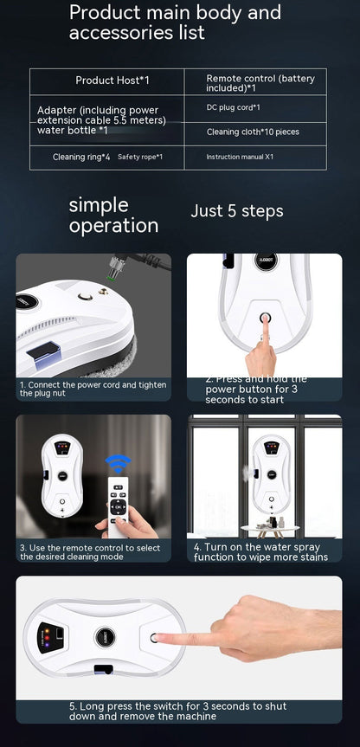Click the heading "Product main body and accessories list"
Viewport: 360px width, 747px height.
(175, 23)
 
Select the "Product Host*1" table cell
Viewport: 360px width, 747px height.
(112, 80)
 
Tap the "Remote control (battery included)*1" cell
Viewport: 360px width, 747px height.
(260, 82)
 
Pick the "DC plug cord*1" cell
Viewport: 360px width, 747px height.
(234, 107)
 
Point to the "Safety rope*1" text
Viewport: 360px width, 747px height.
(140, 157)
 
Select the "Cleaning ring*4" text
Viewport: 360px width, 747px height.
(81, 157)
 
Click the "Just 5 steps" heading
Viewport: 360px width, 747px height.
(236, 211)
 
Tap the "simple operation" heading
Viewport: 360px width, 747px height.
(112, 216)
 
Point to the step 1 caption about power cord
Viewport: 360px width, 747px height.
(93, 389)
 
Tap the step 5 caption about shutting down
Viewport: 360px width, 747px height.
(178, 711)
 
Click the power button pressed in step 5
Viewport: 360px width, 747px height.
(156, 638)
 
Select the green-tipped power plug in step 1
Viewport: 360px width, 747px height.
(111, 272)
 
